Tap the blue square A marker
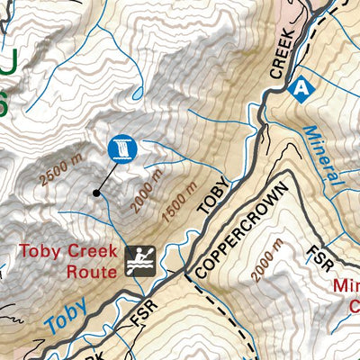(x=299, y=88)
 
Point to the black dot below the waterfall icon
(x=95, y=192)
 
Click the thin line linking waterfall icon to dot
(x=105, y=177)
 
